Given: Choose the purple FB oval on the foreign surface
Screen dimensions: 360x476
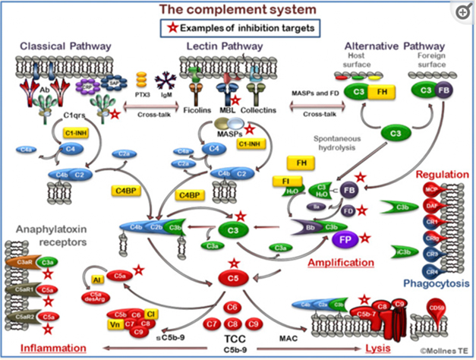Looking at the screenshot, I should (443, 90).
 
